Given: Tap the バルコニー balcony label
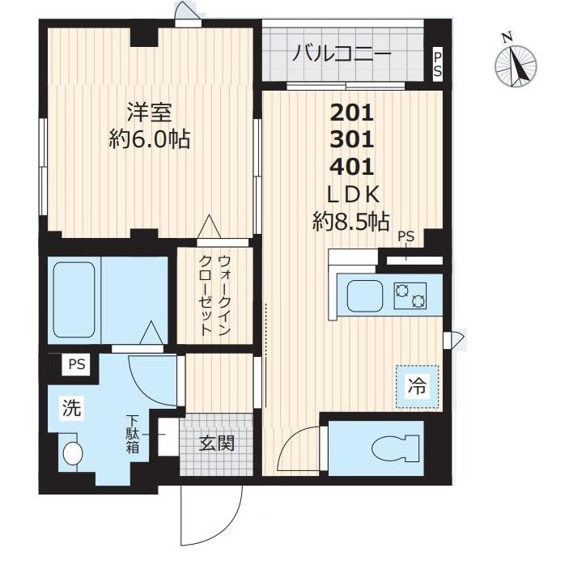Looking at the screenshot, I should pos(342,54).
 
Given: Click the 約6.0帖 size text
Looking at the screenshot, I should pos(150,139).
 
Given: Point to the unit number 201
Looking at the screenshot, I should pos(352,112).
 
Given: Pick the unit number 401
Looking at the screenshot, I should pos(352,167).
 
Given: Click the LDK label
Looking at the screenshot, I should pos(352,194).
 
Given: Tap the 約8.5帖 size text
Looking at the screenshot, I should pos(352,221).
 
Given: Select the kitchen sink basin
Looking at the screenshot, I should pos(364,295).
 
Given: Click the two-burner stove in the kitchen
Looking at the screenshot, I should pos(410,296).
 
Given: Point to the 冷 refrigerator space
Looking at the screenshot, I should pos(417,387).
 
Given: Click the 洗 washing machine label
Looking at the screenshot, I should pos(72,410).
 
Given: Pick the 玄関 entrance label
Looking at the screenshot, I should pos(216,444).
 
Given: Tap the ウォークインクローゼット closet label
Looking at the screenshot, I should pos(216,296).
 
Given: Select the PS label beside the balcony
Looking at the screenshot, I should pos(438,64).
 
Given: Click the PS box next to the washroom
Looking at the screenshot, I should pos(77,365).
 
